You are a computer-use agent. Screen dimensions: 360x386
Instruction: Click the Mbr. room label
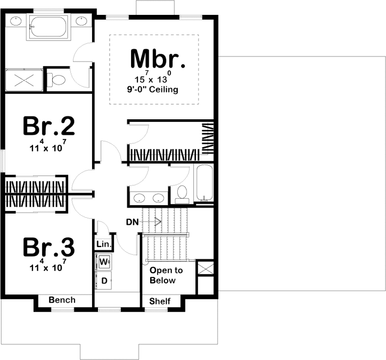click(x=158, y=59)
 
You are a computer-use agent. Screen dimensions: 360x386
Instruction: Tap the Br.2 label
click(x=48, y=127)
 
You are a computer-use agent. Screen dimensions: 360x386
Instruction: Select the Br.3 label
click(x=48, y=248)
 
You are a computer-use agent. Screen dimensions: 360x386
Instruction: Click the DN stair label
click(x=132, y=222)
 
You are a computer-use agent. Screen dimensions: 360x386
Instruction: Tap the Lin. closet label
click(x=103, y=244)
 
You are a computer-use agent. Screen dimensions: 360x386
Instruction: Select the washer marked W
click(x=104, y=261)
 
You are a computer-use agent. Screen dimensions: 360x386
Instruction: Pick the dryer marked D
click(x=104, y=280)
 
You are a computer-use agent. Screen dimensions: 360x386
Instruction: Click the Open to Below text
click(x=166, y=275)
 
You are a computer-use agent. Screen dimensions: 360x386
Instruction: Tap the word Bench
click(x=62, y=300)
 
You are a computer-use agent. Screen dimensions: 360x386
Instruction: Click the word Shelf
click(x=160, y=301)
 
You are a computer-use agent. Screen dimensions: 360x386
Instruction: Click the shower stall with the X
click(x=23, y=80)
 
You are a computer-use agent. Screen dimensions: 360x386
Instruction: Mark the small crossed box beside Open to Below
click(x=205, y=267)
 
